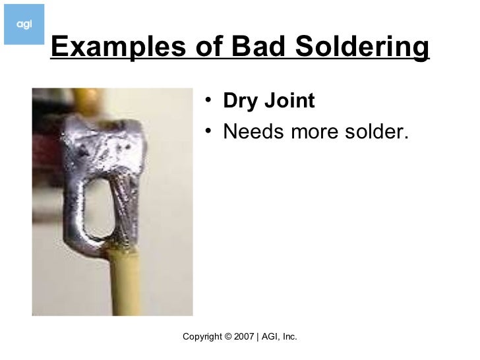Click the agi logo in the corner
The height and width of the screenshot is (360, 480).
point(24,24)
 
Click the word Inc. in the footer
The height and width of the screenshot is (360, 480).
point(289,337)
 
